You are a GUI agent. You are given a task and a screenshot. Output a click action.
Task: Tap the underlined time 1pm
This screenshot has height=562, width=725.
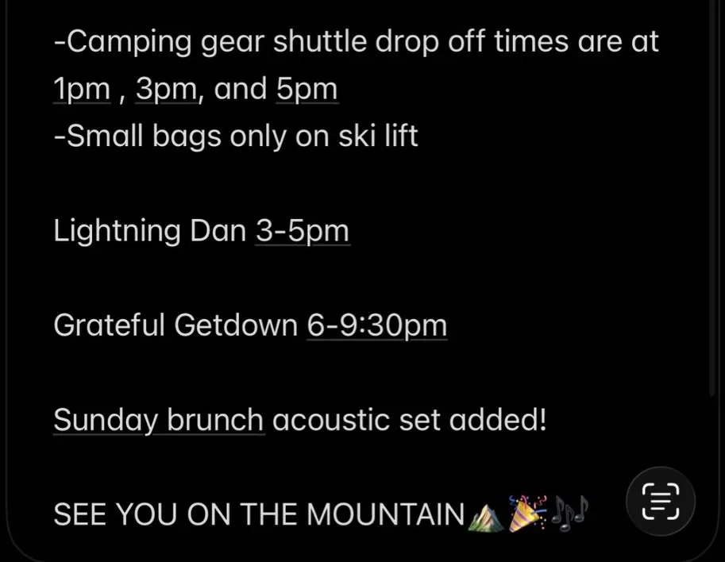pos(83,89)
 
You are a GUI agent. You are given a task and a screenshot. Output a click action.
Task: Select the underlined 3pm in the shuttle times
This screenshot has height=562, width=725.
pos(167,89)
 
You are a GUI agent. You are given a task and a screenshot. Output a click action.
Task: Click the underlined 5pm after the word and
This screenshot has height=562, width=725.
pos(307,89)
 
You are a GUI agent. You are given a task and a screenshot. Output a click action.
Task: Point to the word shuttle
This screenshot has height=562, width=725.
pos(319,41)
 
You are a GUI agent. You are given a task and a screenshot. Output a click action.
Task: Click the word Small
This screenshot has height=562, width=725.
pos(105,136)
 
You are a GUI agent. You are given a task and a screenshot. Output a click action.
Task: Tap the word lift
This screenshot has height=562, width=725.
pos(401,136)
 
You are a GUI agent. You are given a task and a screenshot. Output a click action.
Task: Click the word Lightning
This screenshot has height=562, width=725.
pos(117,231)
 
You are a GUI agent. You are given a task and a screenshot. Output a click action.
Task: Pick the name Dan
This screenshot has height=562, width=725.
pos(218,230)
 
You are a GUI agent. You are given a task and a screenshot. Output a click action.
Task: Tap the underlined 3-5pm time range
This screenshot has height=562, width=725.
pos(303,231)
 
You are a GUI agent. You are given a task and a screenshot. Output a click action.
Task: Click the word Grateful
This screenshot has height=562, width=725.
pos(109,325)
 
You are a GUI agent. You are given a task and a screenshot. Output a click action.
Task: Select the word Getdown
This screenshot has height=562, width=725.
pos(236,325)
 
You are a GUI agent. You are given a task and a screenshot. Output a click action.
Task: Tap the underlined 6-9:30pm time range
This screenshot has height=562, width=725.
pos(377,325)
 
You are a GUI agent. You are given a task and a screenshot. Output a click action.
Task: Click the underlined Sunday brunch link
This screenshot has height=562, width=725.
pos(159,420)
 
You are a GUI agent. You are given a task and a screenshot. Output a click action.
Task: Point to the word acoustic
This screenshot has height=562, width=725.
pos(331,420)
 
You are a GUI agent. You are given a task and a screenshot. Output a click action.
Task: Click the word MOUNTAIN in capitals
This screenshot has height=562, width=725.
pos(386,514)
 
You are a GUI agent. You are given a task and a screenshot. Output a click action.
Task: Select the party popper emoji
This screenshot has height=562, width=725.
pos(527,514)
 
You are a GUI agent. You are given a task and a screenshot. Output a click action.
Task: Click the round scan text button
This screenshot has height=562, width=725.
pos(661,502)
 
